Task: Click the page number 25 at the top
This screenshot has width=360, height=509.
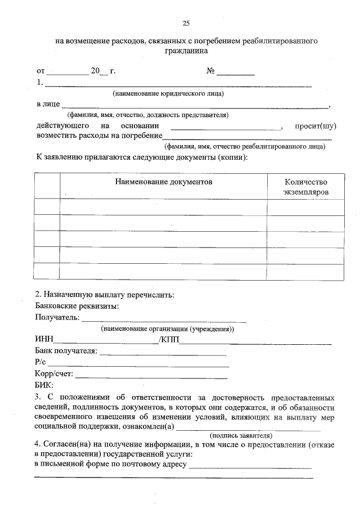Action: tap(186, 23)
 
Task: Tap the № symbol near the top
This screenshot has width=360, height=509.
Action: tap(211, 71)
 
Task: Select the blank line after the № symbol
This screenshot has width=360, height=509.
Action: tap(236, 73)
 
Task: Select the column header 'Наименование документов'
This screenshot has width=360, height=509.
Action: tap(164, 183)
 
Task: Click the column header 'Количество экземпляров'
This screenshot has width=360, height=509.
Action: tap(305, 187)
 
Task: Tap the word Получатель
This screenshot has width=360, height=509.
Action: tap(57, 318)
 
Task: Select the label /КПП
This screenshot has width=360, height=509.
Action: tap(169, 340)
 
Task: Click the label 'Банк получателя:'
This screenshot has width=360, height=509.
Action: tap(66, 352)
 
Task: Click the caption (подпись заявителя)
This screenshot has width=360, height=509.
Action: tap(241, 435)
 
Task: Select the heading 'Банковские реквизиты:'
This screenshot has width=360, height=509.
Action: tap(76, 307)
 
